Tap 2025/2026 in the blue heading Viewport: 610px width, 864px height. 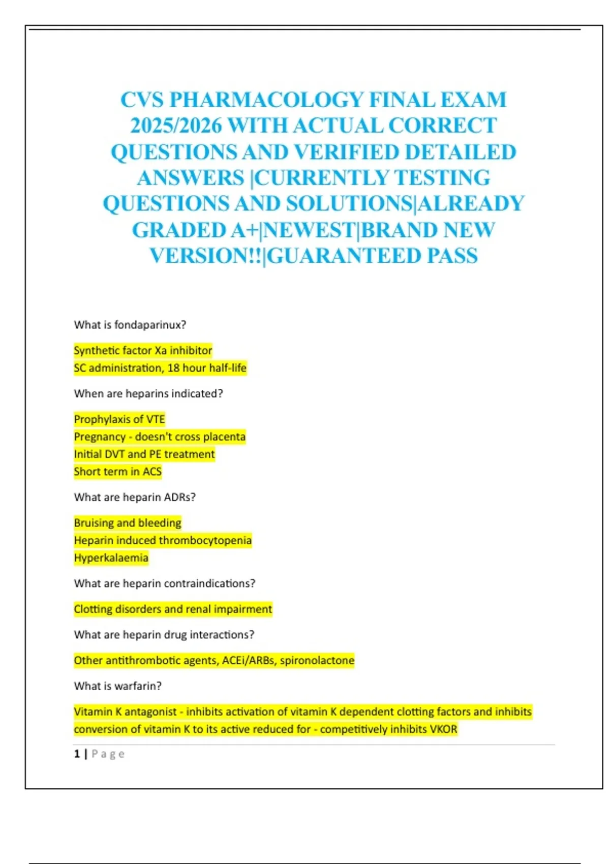pos(175,126)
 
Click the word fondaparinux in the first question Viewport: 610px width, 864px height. pos(150,325)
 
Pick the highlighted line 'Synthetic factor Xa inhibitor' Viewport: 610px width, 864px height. pos(143,351)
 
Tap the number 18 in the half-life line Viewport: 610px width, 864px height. pos(173,368)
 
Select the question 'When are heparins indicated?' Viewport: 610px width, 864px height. pos(148,394)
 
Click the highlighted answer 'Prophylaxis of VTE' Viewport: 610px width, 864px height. pos(119,419)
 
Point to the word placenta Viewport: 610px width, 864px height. pos(224,437)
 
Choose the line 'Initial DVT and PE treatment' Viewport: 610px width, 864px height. pos(144,454)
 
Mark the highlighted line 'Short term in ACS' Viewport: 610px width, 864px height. pos(117,472)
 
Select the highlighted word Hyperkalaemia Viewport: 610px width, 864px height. pos(111,558)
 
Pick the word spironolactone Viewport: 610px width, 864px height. pos(317,661)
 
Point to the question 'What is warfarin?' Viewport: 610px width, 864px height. pos(117,686)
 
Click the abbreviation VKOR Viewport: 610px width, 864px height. pos(443,729)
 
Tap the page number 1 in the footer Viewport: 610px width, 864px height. pos(77,754)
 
